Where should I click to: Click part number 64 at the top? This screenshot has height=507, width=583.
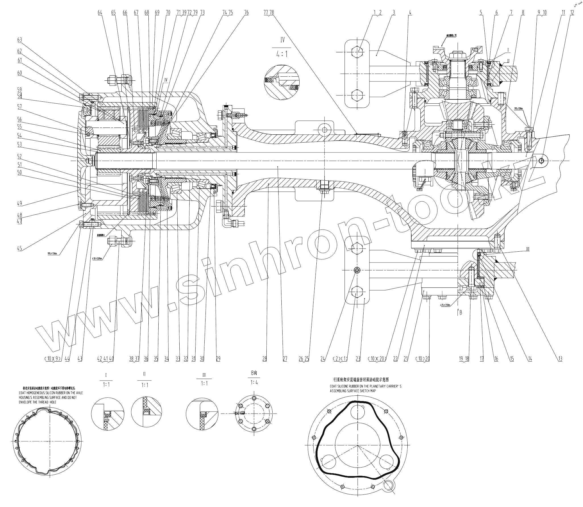coord(100,12)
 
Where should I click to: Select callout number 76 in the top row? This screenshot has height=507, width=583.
coord(246,12)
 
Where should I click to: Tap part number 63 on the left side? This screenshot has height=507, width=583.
coord(20,40)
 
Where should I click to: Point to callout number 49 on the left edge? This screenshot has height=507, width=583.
coord(20,203)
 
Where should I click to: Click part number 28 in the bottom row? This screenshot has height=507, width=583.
coord(265,359)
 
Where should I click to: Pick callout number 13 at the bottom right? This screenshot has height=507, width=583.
coord(560,359)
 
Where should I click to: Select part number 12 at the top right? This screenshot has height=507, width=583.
coord(572,12)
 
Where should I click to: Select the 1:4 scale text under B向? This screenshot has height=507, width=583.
coord(254,382)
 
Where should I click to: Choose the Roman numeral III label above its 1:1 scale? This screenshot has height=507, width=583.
coord(204,375)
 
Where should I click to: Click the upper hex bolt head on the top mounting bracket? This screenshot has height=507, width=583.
coord(357,52)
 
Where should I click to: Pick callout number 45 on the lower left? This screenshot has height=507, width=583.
coord(20,249)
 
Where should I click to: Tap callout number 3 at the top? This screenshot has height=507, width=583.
coord(394,12)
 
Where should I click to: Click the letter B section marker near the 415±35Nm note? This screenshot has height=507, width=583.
coord(461,312)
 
